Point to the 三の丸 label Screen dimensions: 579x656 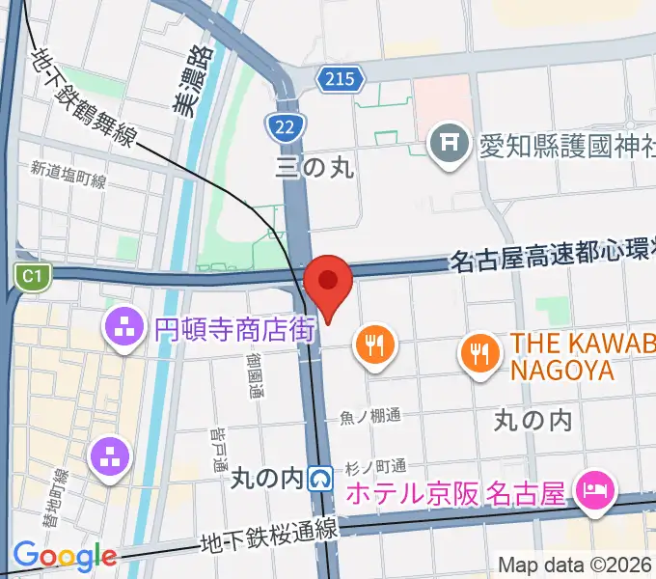point(314,166)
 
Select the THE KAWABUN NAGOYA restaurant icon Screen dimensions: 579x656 point(479,350)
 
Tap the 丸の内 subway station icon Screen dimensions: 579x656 point(322,478)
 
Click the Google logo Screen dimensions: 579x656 point(65,556)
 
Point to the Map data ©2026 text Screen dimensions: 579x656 point(575,565)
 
